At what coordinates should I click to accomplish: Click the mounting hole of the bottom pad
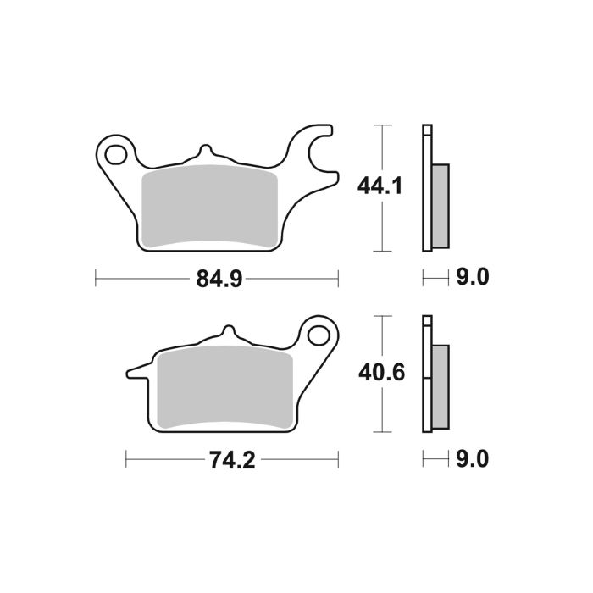coord(319,335)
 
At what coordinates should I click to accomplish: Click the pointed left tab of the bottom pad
coord(136,370)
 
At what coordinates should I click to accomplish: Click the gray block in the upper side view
coord(441,206)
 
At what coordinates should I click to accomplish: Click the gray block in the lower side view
coord(441,386)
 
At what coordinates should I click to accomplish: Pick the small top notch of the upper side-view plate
coord(427,130)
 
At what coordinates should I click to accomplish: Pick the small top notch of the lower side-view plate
coord(427,322)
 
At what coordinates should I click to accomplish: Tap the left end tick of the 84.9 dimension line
coord(97,278)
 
